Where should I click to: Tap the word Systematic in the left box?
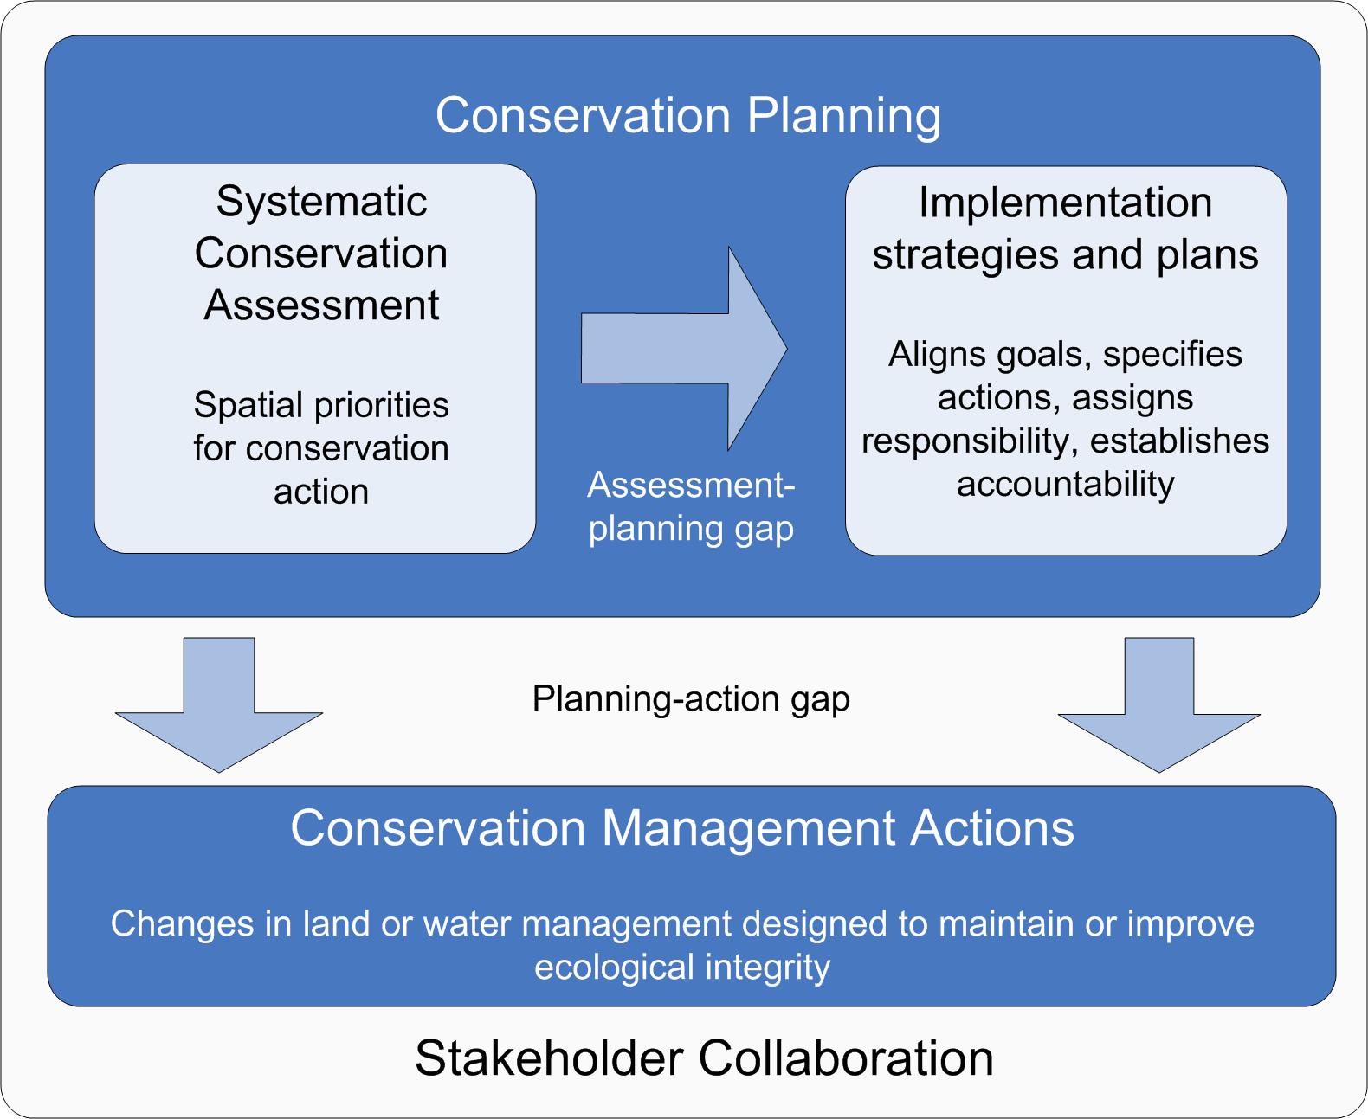click(322, 202)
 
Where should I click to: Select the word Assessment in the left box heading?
click(322, 305)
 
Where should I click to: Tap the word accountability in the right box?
click(1066, 485)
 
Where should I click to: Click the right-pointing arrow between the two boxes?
click(684, 349)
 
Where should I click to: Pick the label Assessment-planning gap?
click(691, 507)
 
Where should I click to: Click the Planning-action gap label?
click(691, 700)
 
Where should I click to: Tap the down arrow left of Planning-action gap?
click(219, 704)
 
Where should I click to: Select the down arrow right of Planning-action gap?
click(1159, 704)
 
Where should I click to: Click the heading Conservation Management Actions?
click(682, 830)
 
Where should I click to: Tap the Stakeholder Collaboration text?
click(705, 1058)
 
